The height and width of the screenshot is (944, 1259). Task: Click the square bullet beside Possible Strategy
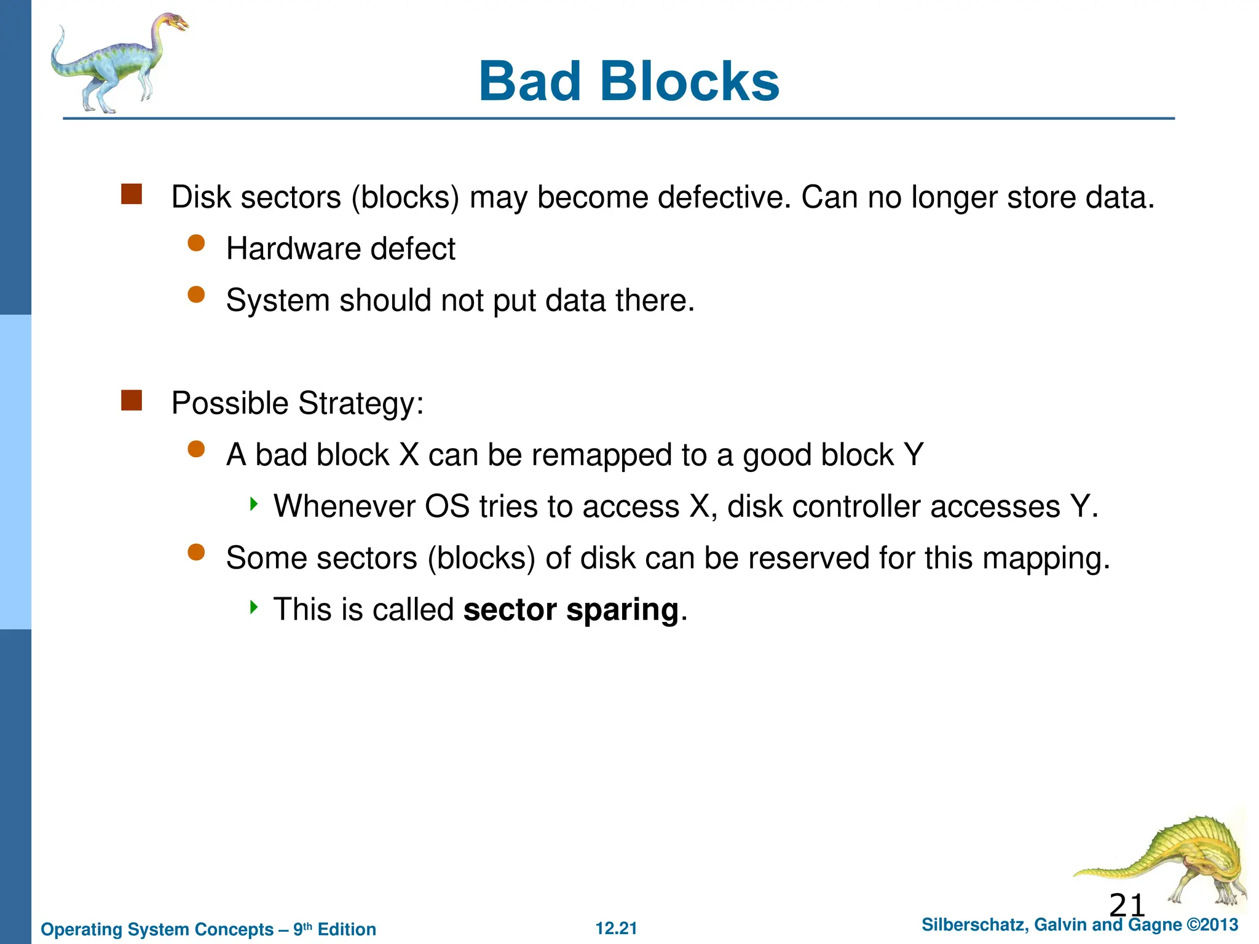132,401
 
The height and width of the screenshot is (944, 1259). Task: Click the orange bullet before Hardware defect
196,243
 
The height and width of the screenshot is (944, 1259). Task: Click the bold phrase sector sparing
571,610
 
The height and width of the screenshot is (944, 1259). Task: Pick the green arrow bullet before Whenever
253,505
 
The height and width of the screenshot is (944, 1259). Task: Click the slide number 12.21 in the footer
616,929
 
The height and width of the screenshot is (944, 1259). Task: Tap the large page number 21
1127,905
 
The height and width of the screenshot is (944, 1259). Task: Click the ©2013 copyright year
1212,925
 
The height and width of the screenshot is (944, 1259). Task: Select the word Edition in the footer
347,929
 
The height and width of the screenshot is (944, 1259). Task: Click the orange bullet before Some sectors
196,553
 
